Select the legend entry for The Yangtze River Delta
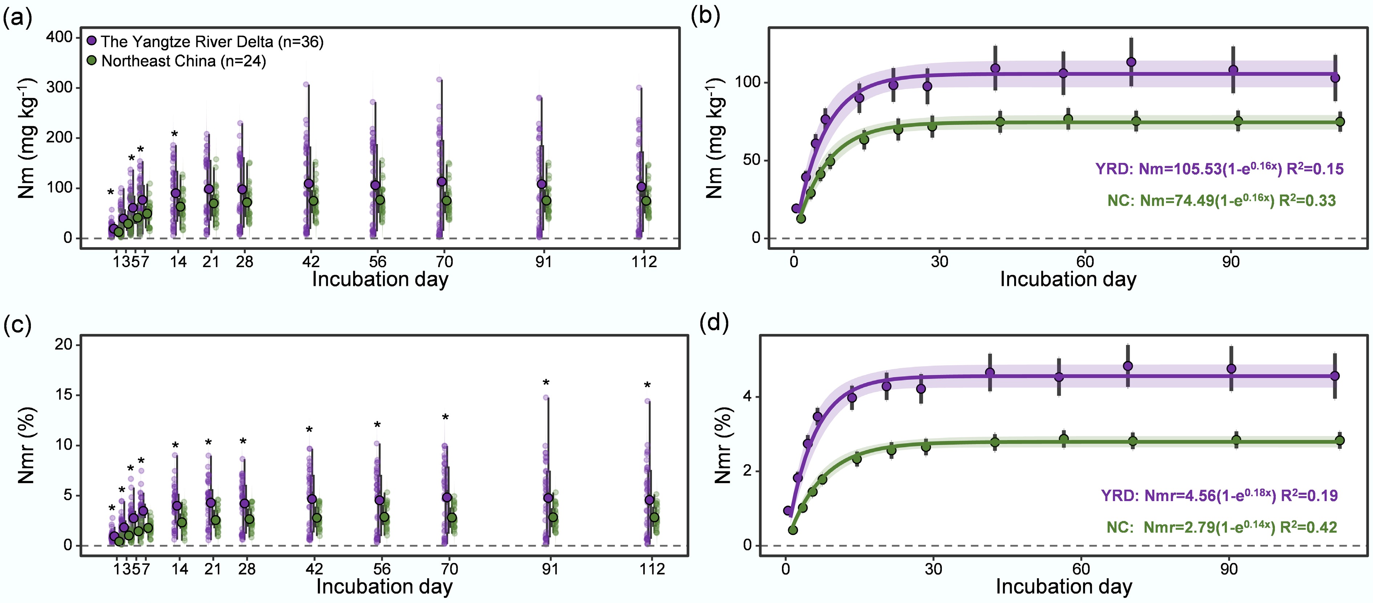[x=205, y=41]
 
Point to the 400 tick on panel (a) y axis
[x=59, y=37]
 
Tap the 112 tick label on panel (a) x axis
[x=644, y=261]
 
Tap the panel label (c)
[x=17, y=325]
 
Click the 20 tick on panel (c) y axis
[x=64, y=345]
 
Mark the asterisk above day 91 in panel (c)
[x=546, y=383]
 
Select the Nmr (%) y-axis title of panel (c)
[x=27, y=445]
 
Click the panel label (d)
[x=714, y=322]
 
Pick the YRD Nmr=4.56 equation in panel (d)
[x=1219, y=496]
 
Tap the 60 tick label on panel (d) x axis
[x=1081, y=569]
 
